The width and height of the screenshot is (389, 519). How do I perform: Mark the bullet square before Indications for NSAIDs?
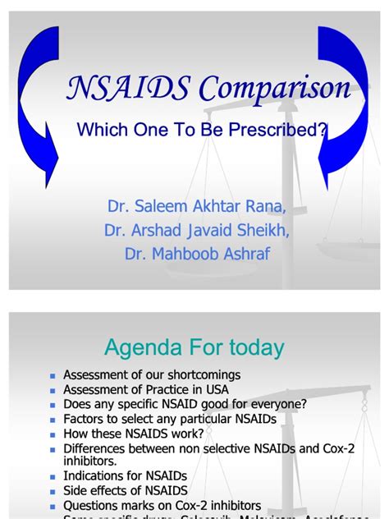52,475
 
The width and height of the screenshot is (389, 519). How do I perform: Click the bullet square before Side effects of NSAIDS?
52,490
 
